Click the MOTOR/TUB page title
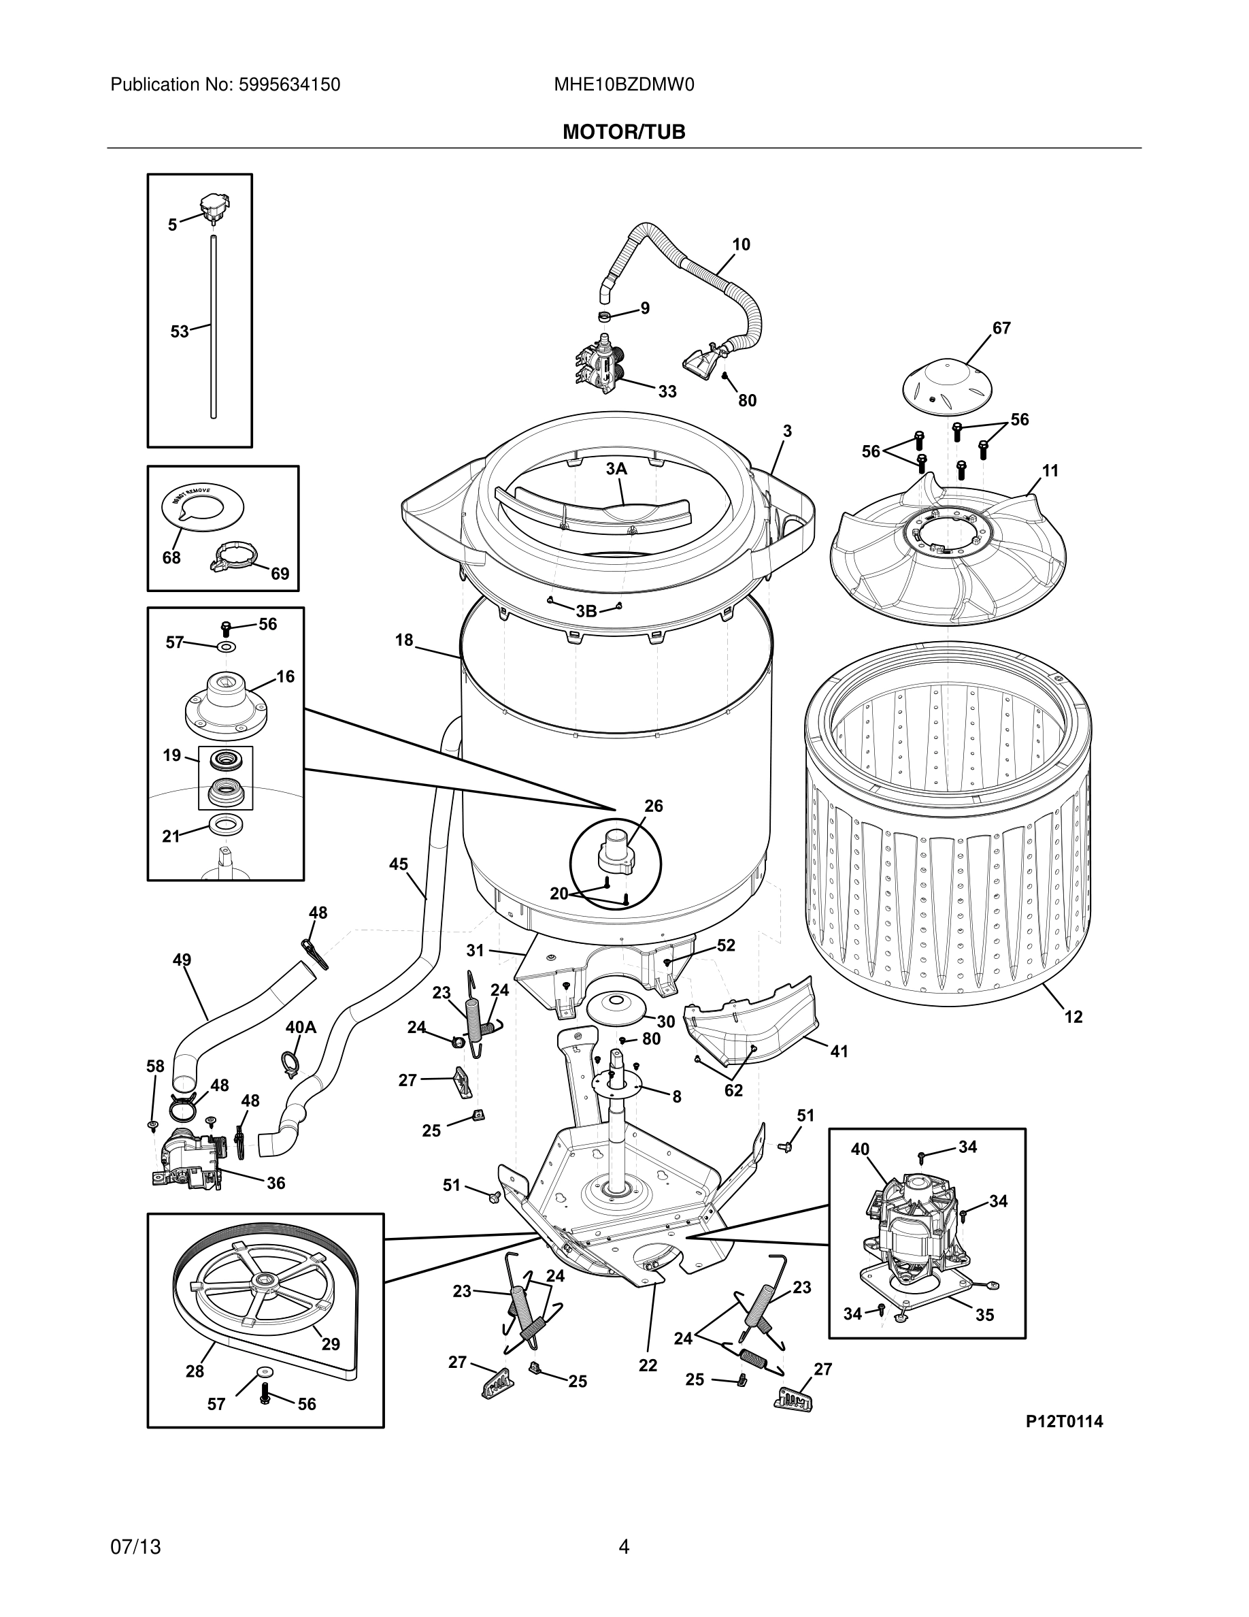click(624, 132)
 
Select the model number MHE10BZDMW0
click(624, 85)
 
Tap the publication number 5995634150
click(288, 85)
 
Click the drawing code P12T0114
click(1064, 1422)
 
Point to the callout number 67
click(1001, 328)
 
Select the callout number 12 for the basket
click(1073, 1017)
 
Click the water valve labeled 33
click(598, 365)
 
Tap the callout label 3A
click(616, 469)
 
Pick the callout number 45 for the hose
click(398, 864)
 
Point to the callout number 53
click(180, 331)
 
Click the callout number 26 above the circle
click(653, 806)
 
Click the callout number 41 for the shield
click(838, 1051)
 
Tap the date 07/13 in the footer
click(135, 1547)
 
